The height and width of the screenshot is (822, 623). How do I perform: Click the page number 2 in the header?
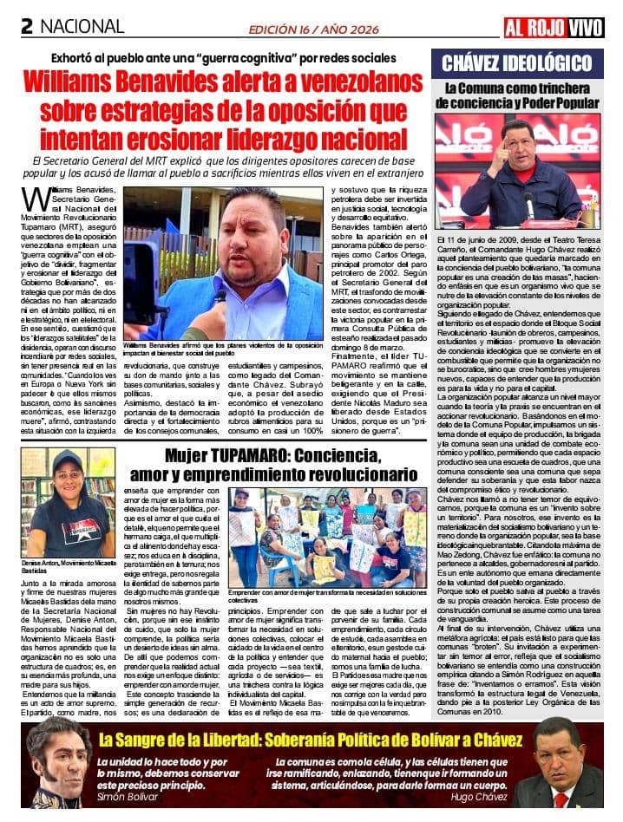[28, 27]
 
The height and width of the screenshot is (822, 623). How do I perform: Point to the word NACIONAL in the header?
[82, 27]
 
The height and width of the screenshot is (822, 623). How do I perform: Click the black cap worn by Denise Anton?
[68, 460]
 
